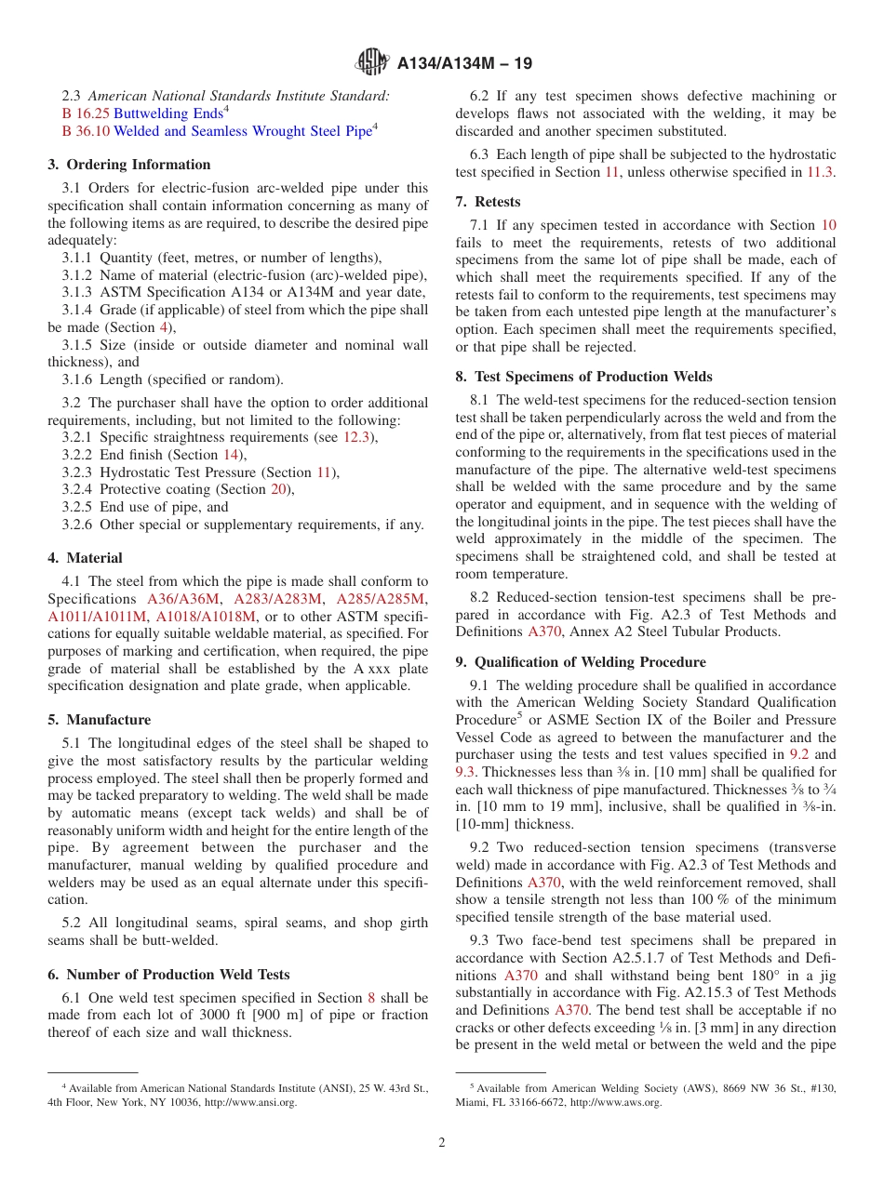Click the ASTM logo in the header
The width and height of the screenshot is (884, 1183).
coord(373,63)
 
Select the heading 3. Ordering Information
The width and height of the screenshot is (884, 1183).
coord(129,165)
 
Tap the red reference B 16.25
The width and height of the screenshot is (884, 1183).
coord(86,113)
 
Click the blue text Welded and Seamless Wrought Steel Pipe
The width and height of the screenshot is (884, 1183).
coord(242,131)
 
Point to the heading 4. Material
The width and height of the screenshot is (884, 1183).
coord(85,558)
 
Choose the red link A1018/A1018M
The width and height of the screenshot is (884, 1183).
coord(206,617)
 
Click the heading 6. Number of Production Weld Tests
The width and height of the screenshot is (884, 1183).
coord(168,975)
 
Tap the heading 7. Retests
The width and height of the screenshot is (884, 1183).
coord(488,202)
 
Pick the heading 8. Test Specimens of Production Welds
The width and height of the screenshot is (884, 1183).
coord(583,377)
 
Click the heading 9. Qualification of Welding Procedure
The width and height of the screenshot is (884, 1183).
coord(581,662)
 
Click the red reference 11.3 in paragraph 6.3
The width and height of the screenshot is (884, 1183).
coord(821,172)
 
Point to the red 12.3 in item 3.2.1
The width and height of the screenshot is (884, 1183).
coord(356,437)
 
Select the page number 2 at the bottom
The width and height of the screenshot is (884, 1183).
coord(442,1143)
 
